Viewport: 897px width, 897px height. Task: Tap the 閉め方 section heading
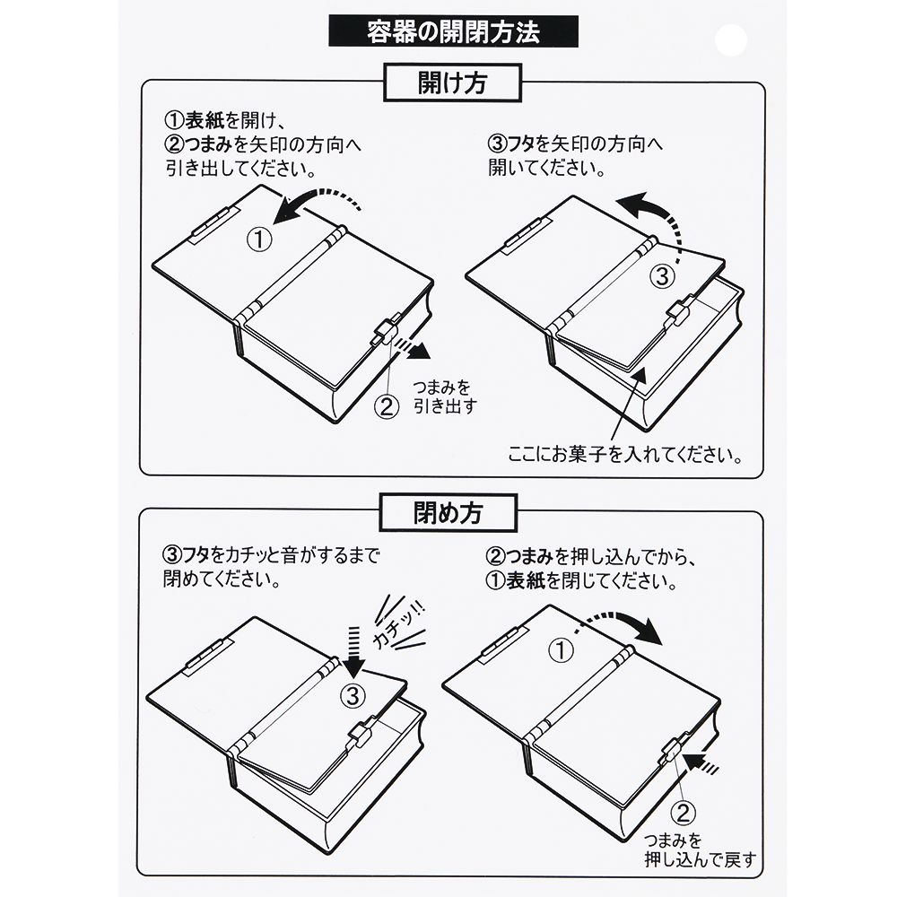[452, 511]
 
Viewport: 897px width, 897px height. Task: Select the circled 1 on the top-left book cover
[258, 239]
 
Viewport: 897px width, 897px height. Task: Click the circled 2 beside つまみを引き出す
[385, 406]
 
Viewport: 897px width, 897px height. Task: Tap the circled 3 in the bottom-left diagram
[353, 694]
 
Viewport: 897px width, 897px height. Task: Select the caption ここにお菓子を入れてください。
[624, 452]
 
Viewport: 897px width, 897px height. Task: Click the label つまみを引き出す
[444, 396]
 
